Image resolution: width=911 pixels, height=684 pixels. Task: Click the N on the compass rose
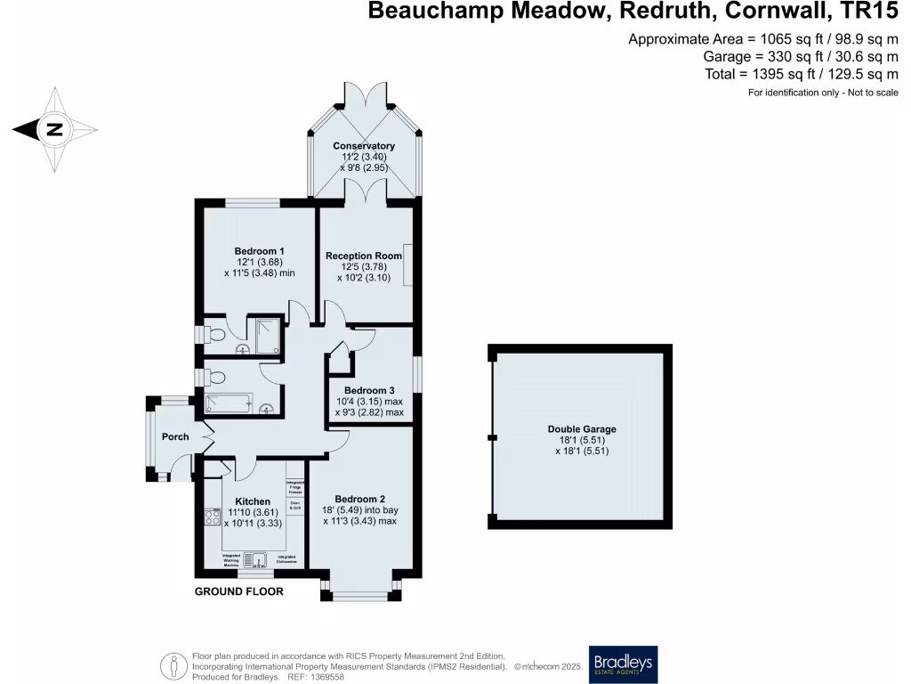pyautogui.click(x=54, y=130)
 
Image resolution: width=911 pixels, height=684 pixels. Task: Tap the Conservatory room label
pyautogui.click(x=364, y=145)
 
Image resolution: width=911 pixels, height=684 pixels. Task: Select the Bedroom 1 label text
pyautogui.click(x=260, y=250)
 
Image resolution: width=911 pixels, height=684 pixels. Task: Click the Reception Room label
pyautogui.click(x=364, y=256)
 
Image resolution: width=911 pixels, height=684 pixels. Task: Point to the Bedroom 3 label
pyautogui.click(x=369, y=390)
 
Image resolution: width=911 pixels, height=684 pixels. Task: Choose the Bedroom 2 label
pyautogui.click(x=359, y=499)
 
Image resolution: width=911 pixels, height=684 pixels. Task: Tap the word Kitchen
pyautogui.click(x=253, y=501)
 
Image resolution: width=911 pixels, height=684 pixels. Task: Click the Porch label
pyautogui.click(x=175, y=436)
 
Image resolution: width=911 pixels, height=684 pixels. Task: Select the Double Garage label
pyautogui.click(x=582, y=429)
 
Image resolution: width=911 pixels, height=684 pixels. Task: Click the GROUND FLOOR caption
pyautogui.click(x=239, y=591)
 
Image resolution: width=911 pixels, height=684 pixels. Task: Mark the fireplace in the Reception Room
pyautogui.click(x=407, y=265)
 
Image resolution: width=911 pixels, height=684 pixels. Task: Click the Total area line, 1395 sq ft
pyautogui.click(x=802, y=74)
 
